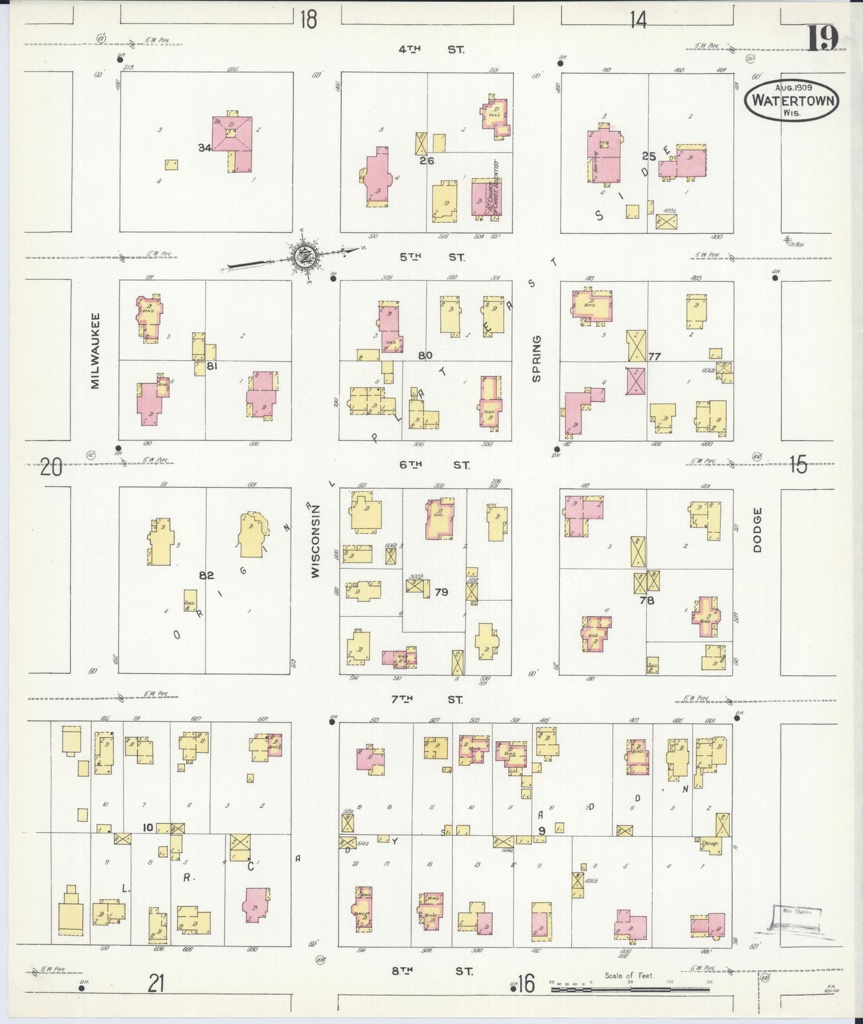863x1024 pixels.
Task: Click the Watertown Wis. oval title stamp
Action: (792, 101)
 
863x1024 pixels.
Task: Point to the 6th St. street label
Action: (434, 464)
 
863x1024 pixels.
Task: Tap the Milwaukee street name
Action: (96, 351)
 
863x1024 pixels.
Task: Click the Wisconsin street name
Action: (316, 541)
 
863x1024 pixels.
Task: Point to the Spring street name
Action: (536, 358)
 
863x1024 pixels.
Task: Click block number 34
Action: (205, 148)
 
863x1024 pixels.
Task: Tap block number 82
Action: (207, 575)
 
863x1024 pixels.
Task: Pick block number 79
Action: (441, 592)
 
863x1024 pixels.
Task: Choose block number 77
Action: (655, 357)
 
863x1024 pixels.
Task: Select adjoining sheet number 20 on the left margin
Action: (51, 467)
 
